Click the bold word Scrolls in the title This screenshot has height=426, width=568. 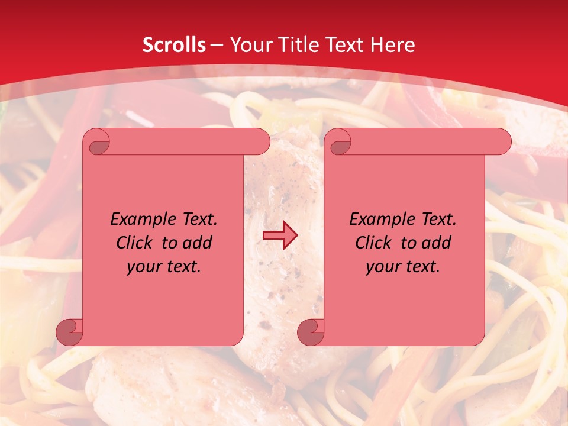pyautogui.click(x=175, y=45)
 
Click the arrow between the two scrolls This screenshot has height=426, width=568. pyautogui.click(x=280, y=235)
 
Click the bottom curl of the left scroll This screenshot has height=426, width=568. pyautogui.click(x=69, y=333)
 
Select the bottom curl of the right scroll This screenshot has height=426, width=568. pyautogui.click(x=311, y=333)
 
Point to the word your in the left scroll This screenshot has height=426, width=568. pyautogui.click(x=143, y=267)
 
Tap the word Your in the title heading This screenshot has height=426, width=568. pyautogui.click(x=247, y=45)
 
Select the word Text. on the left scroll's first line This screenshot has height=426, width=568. pyautogui.click(x=197, y=220)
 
